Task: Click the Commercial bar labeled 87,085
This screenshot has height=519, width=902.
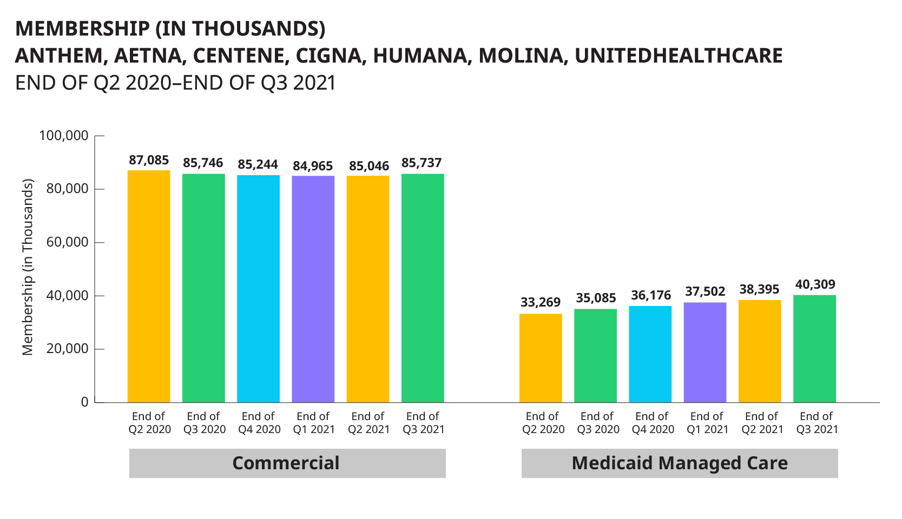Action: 149,287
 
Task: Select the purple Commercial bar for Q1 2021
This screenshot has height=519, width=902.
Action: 313,289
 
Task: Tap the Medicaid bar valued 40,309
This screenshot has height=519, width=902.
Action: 814,349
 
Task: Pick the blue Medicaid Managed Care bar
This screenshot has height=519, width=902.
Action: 650,354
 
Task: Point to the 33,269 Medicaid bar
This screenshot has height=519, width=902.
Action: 541,358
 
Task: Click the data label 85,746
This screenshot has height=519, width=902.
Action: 203,163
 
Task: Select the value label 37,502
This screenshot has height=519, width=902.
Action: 705,292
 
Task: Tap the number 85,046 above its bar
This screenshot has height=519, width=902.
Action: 369,166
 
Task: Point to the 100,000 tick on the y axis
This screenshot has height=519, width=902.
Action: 64,136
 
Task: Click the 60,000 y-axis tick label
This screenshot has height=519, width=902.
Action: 67,242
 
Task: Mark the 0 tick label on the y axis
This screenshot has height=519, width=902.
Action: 84,402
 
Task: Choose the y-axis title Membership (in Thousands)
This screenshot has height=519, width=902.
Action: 28,267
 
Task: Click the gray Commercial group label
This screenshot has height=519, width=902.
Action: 287,463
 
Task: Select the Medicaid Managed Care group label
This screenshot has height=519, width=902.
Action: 680,463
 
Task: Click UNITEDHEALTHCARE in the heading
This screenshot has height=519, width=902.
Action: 679,56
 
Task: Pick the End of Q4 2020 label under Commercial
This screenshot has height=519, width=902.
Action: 259,423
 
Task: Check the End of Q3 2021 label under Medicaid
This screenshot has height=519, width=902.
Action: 817,423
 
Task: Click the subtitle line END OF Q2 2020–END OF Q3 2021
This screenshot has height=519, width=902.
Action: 175,83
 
